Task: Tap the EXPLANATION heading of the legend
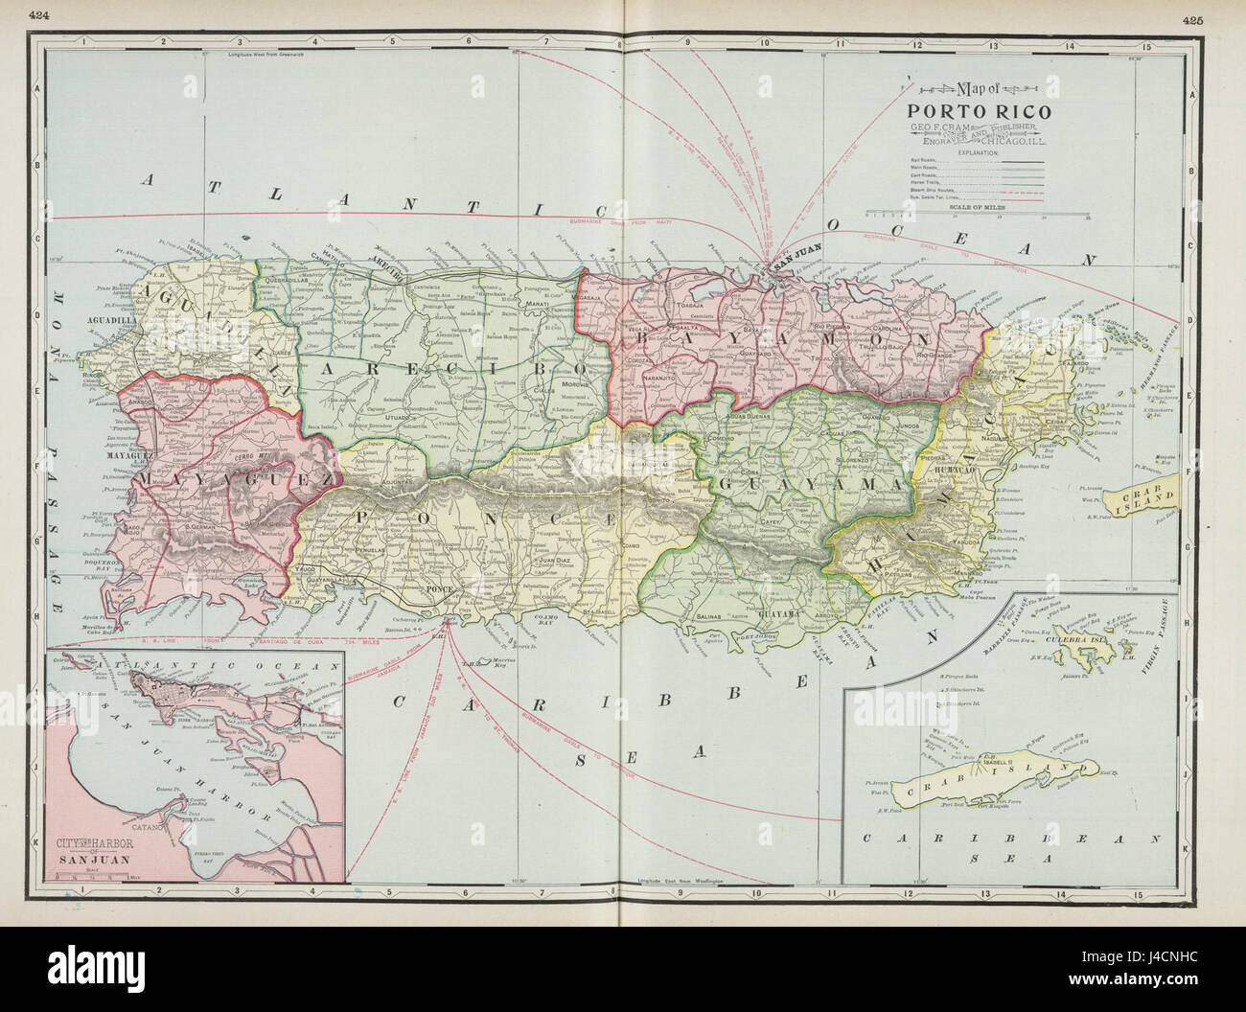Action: coord(973,152)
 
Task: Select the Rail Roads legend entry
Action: coord(922,160)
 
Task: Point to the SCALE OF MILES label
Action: coord(973,233)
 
